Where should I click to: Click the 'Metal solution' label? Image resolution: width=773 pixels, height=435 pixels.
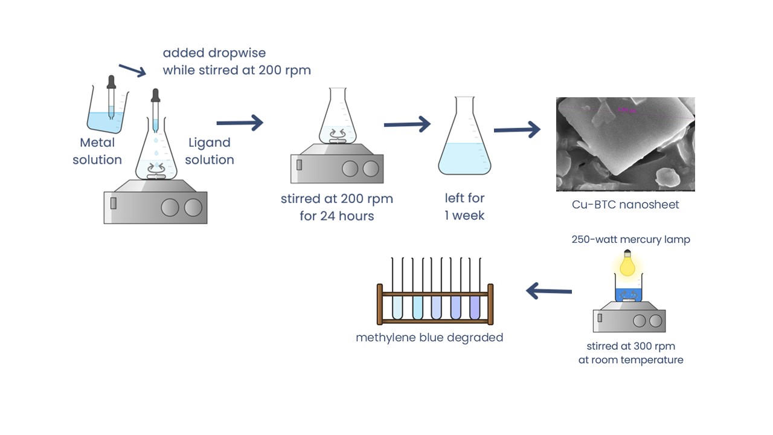[x=97, y=151]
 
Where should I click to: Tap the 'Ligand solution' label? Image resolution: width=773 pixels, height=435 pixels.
[x=210, y=151]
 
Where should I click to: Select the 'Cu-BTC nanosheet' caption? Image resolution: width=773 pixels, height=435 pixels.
[x=625, y=204]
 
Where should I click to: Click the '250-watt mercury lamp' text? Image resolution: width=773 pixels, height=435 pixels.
[x=630, y=239]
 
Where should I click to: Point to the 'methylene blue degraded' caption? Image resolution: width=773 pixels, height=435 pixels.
[x=429, y=337]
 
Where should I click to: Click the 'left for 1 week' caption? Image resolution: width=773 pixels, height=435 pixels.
[x=464, y=207]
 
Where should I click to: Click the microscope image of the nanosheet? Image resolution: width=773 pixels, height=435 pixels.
[x=625, y=144]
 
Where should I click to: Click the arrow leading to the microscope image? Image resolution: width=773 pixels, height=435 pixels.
[x=517, y=129]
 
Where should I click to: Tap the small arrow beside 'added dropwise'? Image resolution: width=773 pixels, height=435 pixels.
[x=133, y=70]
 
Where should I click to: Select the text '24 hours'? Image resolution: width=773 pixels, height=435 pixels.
[x=347, y=216]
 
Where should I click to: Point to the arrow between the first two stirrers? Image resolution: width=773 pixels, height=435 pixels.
[x=240, y=123]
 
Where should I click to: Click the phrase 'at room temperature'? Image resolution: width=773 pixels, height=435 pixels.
[x=630, y=359]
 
